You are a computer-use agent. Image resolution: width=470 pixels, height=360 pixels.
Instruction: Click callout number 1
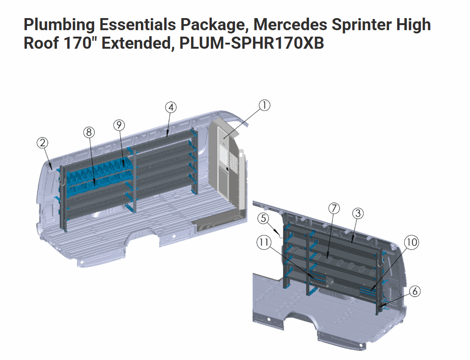[x=264, y=105]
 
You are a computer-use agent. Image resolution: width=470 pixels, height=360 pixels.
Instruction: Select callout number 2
[x=43, y=142]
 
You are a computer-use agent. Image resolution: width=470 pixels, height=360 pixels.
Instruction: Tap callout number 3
[x=358, y=213]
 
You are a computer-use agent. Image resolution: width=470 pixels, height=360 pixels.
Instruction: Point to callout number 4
[x=171, y=108]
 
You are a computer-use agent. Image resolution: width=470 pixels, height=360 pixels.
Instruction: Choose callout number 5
[x=263, y=218]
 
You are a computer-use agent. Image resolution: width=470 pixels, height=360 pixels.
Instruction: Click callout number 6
[x=415, y=291]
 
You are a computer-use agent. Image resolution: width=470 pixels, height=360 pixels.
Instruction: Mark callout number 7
[x=334, y=208]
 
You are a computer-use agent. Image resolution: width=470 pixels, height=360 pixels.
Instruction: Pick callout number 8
[x=89, y=132]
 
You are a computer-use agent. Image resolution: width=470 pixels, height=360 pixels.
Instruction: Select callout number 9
[x=119, y=125]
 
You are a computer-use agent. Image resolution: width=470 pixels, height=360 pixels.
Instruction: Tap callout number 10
[x=412, y=242]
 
